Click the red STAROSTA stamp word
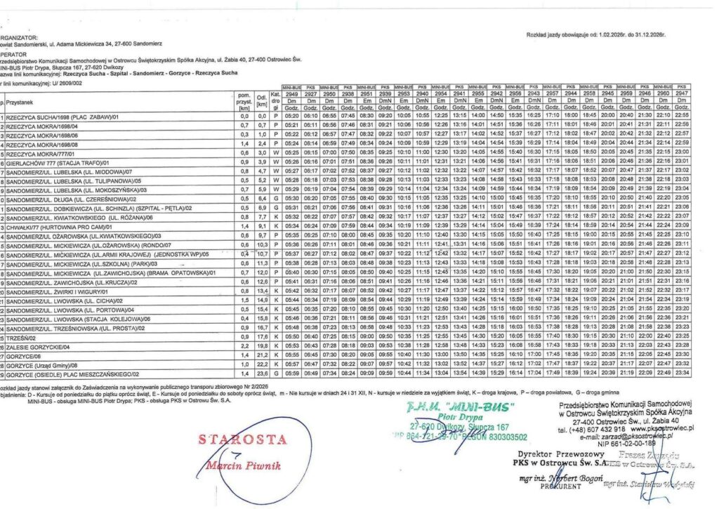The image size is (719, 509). [x=243, y=440]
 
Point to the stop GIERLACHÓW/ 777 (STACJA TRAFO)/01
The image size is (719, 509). [x=60, y=162]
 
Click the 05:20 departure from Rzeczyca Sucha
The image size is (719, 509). [x=291, y=116]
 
